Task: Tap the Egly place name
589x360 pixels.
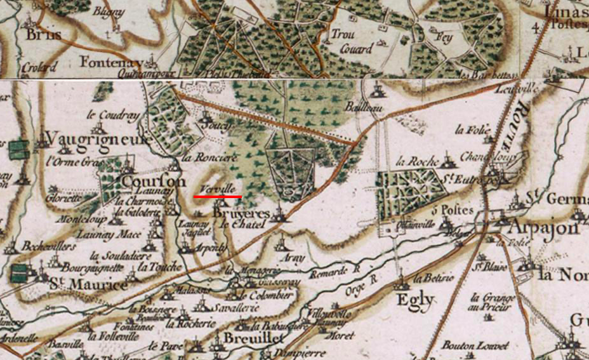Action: (x=416, y=300)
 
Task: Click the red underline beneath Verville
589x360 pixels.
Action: (x=218, y=197)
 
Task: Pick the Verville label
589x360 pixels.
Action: (x=217, y=189)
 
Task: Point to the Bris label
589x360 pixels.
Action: (x=44, y=36)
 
